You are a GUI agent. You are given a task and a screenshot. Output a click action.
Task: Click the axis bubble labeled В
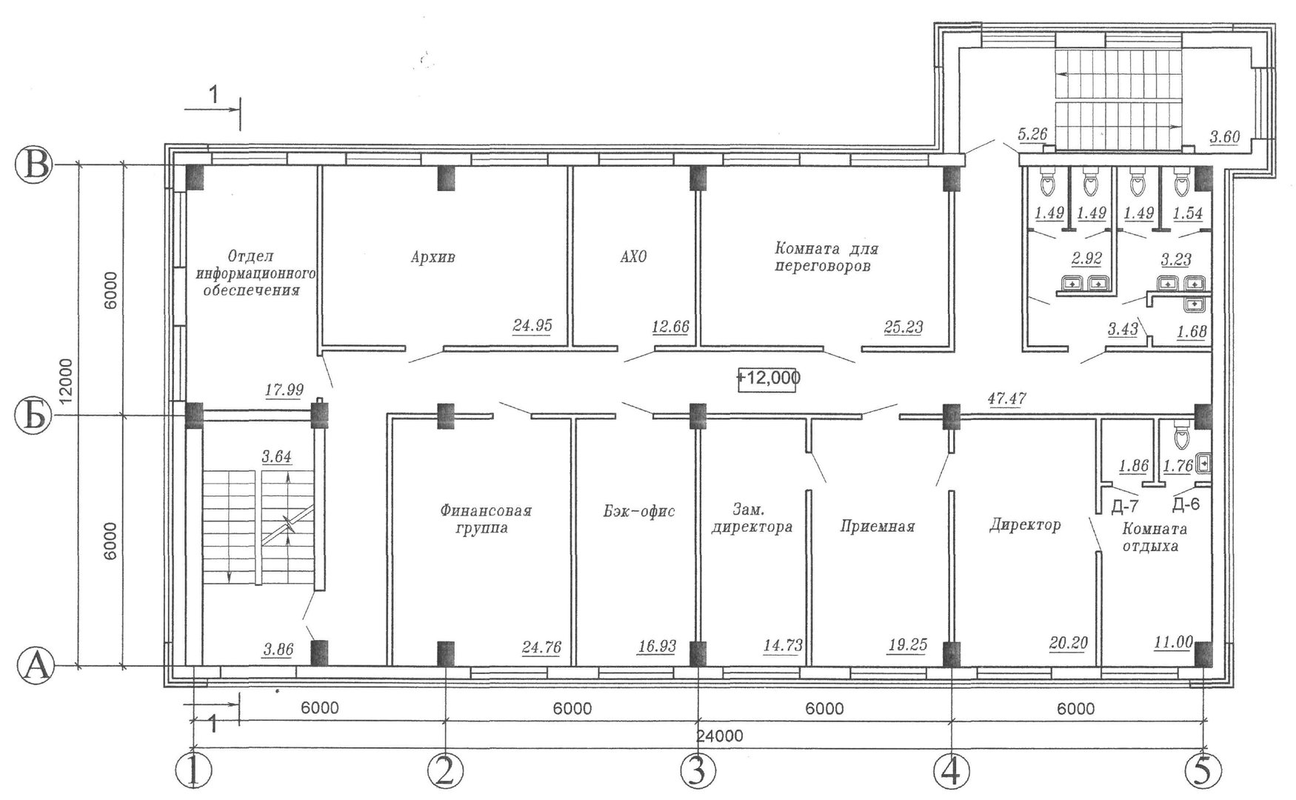point(33,165)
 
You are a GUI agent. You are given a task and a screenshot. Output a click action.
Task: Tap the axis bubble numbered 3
point(698,771)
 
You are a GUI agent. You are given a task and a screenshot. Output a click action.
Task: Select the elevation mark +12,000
point(768,378)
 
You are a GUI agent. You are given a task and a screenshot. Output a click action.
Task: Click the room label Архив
point(433,258)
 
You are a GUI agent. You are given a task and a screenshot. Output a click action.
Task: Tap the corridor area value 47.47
point(1006,399)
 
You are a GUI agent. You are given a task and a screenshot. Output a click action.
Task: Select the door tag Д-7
point(1125,506)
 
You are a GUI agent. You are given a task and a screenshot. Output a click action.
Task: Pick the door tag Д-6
point(1186,504)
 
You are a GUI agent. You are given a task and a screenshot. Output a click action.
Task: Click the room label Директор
point(1026,524)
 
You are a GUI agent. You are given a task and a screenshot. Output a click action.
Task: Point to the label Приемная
point(878,527)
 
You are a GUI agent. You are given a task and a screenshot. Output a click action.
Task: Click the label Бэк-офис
point(638,511)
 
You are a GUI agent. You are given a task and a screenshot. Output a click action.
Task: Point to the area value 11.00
point(1174,642)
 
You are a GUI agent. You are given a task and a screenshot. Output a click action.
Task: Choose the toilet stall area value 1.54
point(1187,213)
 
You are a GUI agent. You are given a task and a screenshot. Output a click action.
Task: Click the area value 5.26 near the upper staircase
point(1032,134)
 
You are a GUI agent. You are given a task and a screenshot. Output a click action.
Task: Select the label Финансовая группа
point(486,519)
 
